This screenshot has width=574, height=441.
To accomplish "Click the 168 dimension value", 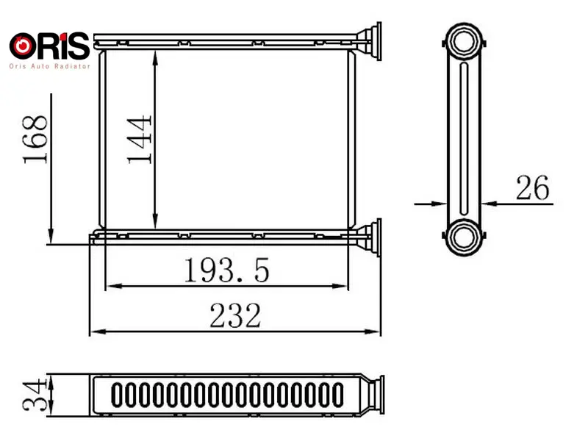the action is [x=35, y=140].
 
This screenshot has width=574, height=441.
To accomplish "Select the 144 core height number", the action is [x=139, y=140].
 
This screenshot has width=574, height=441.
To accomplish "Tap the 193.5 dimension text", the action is [x=226, y=270].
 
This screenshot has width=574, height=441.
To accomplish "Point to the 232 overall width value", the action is [x=235, y=315].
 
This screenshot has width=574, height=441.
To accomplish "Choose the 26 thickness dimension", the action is [x=533, y=187].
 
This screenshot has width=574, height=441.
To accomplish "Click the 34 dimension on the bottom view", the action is [x=35, y=395].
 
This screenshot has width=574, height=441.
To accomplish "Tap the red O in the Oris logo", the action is [x=23, y=46].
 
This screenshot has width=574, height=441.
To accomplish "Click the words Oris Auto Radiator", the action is [x=49, y=66].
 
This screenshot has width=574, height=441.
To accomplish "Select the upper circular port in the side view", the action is [x=464, y=41].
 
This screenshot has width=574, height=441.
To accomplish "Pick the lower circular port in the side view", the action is [x=464, y=237].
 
